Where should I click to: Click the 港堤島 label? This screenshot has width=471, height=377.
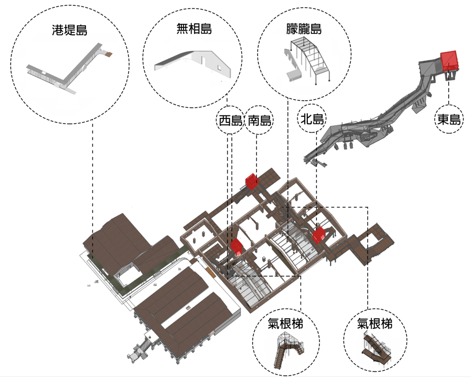(x=70, y=30)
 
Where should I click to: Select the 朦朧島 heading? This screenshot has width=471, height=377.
(x=304, y=29)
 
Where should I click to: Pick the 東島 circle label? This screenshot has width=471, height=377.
(x=449, y=119)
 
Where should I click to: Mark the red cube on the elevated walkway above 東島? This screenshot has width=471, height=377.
(x=448, y=60)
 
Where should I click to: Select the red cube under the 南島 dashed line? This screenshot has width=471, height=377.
(x=251, y=182)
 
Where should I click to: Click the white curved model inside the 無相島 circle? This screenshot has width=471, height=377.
(x=192, y=63)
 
